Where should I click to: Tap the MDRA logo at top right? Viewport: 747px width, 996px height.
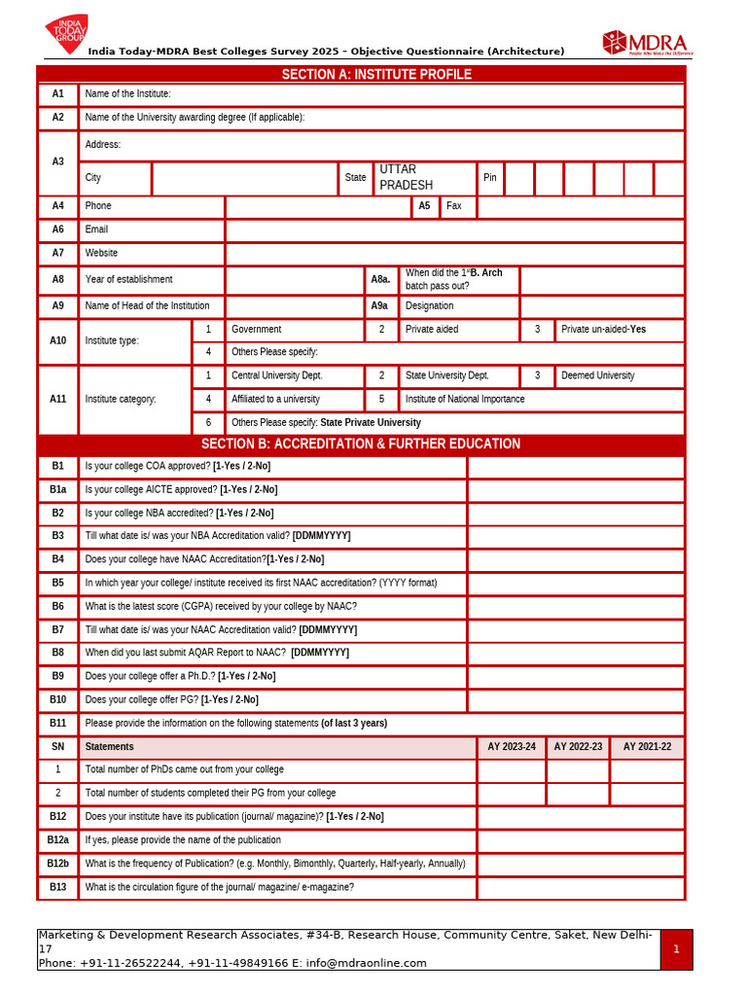tap(646, 44)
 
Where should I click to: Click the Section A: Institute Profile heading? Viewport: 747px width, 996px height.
tap(375, 75)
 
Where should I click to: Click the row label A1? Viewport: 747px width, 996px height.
tap(58, 94)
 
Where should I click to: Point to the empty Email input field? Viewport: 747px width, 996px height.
tap(454, 230)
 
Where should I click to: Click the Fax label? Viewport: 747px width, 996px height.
tap(454, 206)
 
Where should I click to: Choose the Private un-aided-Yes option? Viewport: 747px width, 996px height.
tap(603, 330)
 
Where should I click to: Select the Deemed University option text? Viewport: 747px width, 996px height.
tap(597, 375)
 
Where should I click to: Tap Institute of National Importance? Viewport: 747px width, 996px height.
tap(465, 399)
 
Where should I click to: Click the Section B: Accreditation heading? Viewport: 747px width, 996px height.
tap(361, 445)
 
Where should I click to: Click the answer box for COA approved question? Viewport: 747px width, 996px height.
tap(576, 467)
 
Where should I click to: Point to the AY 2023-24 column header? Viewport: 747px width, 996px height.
tap(512, 747)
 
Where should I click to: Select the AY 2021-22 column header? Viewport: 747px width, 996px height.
tap(647, 747)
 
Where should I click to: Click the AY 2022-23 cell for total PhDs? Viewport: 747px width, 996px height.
tap(578, 770)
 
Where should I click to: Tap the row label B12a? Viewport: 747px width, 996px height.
tap(58, 840)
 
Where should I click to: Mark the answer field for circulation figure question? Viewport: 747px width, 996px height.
tap(581, 887)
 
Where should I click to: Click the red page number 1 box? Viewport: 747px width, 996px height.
tap(676, 949)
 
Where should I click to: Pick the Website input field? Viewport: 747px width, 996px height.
tap(454, 254)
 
